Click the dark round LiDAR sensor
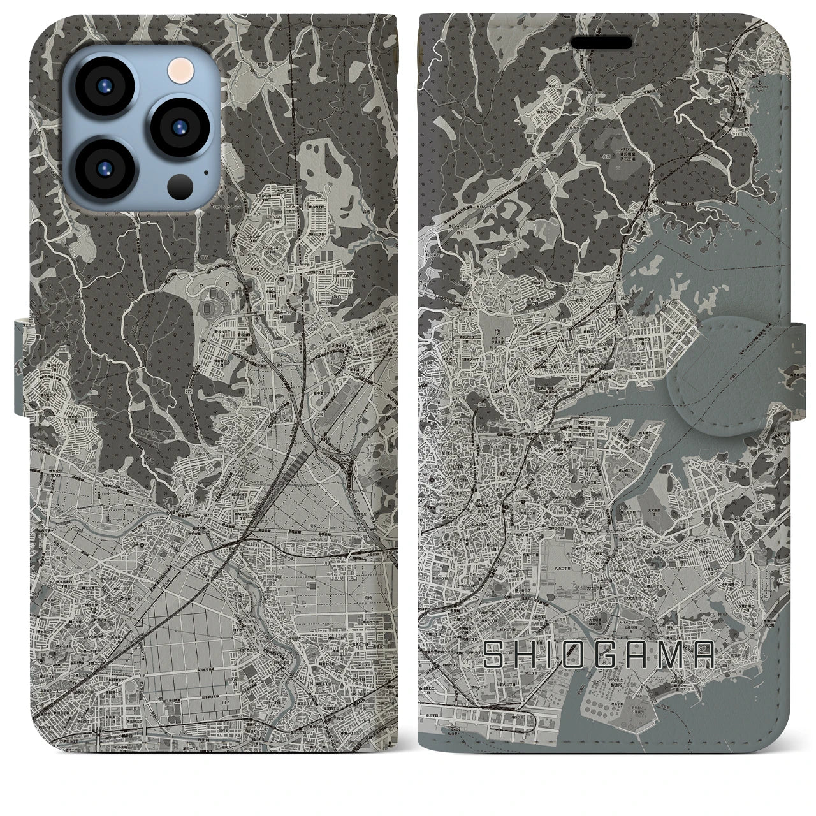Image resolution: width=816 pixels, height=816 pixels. [x=180, y=186]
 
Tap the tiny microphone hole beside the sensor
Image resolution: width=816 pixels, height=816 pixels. [x=205, y=171]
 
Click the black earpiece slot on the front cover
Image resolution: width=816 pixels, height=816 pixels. [x=601, y=43]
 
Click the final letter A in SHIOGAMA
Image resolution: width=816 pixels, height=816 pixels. [x=701, y=655]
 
